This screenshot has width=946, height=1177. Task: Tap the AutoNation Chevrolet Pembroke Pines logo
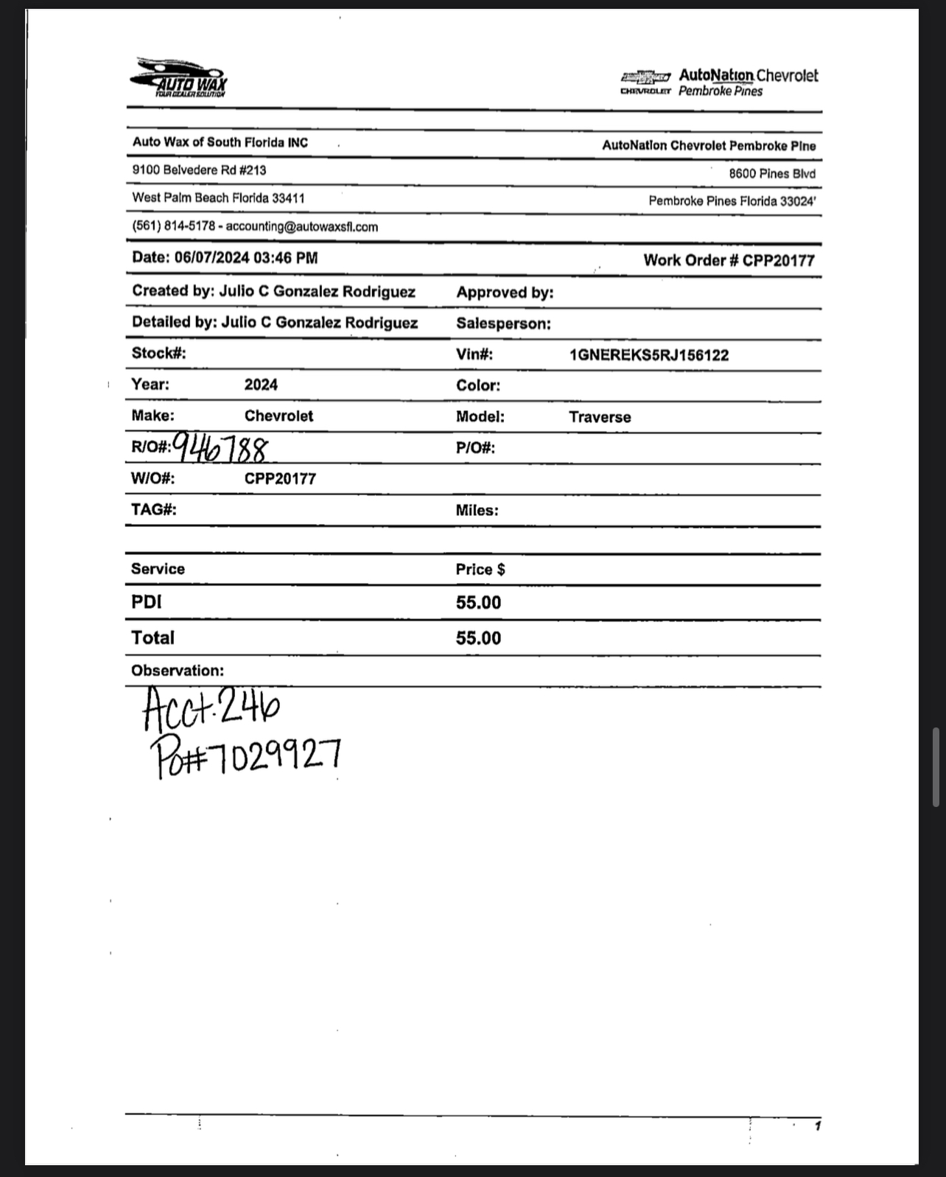click(x=718, y=83)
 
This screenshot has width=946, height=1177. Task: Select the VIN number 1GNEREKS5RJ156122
click(x=648, y=355)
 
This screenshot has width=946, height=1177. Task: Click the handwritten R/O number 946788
click(x=221, y=447)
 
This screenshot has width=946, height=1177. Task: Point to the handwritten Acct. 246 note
click(x=211, y=706)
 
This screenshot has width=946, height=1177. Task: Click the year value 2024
click(x=261, y=385)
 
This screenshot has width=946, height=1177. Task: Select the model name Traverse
click(x=600, y=417)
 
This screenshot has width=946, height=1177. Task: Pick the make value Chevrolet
click(x=278, y=416)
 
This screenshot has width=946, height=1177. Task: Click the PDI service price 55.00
click(x=478, y=603)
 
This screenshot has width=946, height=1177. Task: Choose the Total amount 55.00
click(x=478, y=638)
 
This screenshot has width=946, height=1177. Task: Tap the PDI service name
click(x=146, y=602)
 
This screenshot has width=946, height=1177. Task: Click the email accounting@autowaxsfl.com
click(x=301, y=227)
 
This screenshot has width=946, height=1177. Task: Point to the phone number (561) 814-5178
click(x=173, y=226)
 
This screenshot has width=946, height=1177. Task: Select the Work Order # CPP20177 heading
click(x=729, y=260)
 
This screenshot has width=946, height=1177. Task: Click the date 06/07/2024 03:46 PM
click(x=246, y=258)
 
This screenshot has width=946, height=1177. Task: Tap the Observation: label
click(x=177, y=671)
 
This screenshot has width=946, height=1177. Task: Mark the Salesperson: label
click(x=503, y=324)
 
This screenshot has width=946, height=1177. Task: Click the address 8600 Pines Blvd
click(x=772, y=174)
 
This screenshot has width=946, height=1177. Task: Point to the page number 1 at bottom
click(x=817, y=1125)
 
